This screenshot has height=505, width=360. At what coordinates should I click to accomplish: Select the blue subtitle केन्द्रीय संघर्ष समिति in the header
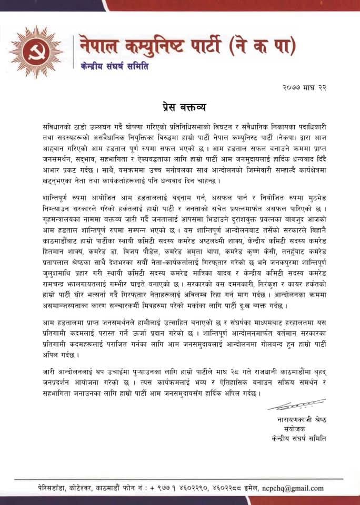(115, 67)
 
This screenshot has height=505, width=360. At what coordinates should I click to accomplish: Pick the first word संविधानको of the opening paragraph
(59, 128)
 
